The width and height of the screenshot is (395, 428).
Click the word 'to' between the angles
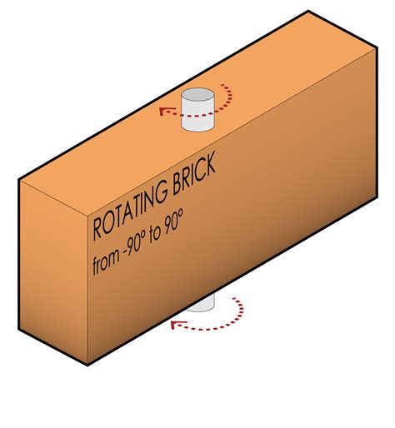[155, 236]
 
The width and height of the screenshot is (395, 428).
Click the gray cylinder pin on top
[197, 110]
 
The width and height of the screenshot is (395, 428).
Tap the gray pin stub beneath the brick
[202, 303]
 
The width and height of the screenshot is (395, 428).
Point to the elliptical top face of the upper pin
[197, 94]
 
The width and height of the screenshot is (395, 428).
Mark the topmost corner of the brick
[308, 11]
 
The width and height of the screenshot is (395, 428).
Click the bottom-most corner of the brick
[87, 366]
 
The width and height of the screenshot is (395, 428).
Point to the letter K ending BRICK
[210, 164]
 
